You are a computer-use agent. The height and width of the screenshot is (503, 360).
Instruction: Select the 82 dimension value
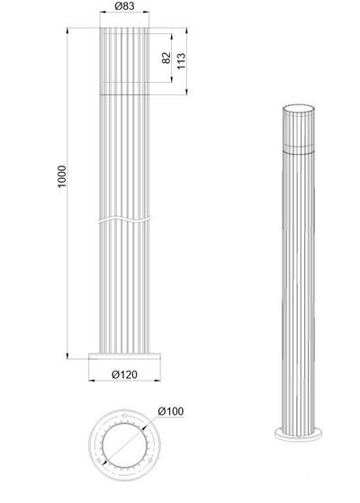166,58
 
